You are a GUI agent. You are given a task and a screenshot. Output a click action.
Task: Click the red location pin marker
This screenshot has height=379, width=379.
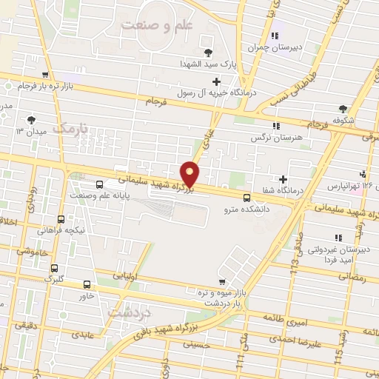pyautogui.click(x=191, y=174)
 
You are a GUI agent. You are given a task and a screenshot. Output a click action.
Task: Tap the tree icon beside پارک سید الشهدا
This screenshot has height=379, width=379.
pyautogui.click(x=208, y=52)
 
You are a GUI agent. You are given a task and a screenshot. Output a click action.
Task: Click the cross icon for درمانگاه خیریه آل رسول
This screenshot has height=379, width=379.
pyautogui.click(x=216, y=81)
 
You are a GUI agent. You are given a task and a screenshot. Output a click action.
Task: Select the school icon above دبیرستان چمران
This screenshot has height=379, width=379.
pyautogui.click(x=275, y=36)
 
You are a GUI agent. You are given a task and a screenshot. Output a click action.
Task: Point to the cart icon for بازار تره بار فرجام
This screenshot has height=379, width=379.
pyautogui.click(x=47, y=75)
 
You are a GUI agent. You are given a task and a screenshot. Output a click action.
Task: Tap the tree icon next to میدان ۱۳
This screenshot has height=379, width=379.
pyautogui.click(x=30, y=119)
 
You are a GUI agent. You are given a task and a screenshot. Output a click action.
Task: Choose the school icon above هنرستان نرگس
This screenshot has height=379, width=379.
pyautogui.click(x=275, y=127)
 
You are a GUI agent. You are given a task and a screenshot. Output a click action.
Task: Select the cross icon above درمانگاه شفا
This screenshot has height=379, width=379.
pyautogui.click(x=283, y=178)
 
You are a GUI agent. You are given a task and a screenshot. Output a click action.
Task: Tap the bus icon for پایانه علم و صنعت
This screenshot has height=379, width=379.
pyautogui.click(x=100, y=184)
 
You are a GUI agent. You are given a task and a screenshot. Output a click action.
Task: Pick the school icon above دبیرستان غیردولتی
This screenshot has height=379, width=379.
pyautogui.click(x=338, y=238)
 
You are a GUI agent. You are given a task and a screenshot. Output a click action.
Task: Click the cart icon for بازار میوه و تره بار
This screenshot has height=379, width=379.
pyautogui.click(x=222, y=282)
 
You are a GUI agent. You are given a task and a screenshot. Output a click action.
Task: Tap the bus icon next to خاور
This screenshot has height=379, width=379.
pyautogui.click(x=87, y=284)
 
